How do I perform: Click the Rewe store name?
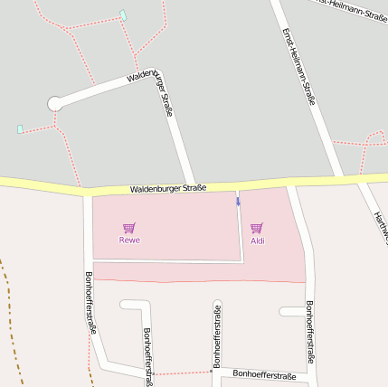click(x=129, y=240)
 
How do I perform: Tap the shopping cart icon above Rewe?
click(x=129, y=228)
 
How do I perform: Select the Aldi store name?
click(x=257, y=241)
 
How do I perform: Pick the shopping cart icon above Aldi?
click(x=257, y=228)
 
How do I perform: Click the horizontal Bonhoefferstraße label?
click(x=263, y=373)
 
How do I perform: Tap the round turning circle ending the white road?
click(x=56, y=103)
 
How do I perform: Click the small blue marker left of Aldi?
click(x=239, y=202)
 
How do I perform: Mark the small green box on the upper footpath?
click(x=123, y=14)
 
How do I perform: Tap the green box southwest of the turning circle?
click(x=20, y=129)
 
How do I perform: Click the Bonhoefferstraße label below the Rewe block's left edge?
click(x=90, y=302)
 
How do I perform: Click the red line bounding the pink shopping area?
click(x=199, y=281)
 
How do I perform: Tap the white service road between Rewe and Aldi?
click(x=241, y=235)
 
